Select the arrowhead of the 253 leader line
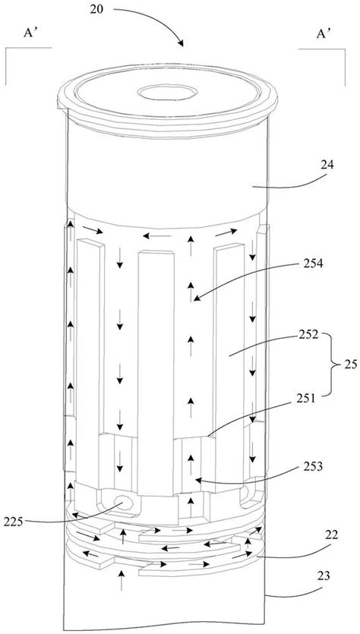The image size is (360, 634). click(196, 481)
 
